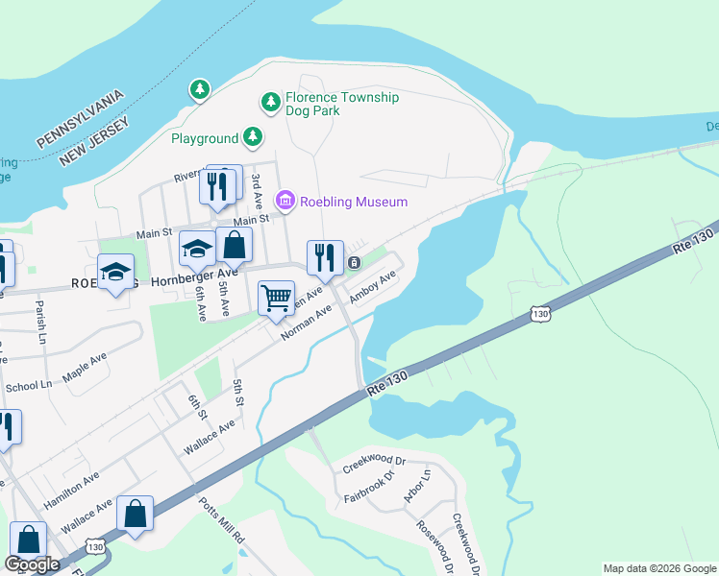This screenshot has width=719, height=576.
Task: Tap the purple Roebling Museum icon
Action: point(285,202)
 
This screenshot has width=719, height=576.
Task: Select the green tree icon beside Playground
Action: point(253,138)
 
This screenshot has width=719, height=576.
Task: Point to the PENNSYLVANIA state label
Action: point(82,119)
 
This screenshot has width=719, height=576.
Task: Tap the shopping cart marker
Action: point(276,299)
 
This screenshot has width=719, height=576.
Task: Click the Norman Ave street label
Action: point(307,322)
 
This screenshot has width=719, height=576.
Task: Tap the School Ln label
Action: point(28,385)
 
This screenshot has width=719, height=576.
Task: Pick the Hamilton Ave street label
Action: point(71,491)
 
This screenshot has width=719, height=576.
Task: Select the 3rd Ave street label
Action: point(257,191)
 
